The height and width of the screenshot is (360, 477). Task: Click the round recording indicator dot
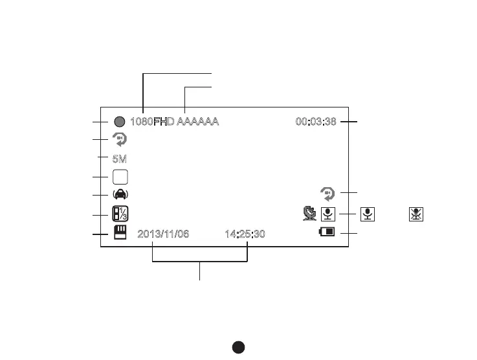pos(119,121)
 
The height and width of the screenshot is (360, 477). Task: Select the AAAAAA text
pos(198,121)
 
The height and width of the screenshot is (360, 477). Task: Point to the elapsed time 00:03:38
pos(316,121)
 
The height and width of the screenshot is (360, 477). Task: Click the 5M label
pos(120,158)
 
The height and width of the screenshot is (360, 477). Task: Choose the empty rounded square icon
pos(120,177)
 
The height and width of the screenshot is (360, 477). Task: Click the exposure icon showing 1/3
pos(120,214)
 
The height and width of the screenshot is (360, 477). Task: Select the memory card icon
pos(120,233)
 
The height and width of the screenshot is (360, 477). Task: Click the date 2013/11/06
pos(163,234)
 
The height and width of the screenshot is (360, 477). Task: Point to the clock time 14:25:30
pos(245,234)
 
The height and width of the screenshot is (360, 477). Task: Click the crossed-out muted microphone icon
pos(416,214)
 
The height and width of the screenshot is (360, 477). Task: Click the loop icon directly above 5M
pos(120,139)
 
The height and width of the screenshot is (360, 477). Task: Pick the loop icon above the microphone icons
pos(328,193)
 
